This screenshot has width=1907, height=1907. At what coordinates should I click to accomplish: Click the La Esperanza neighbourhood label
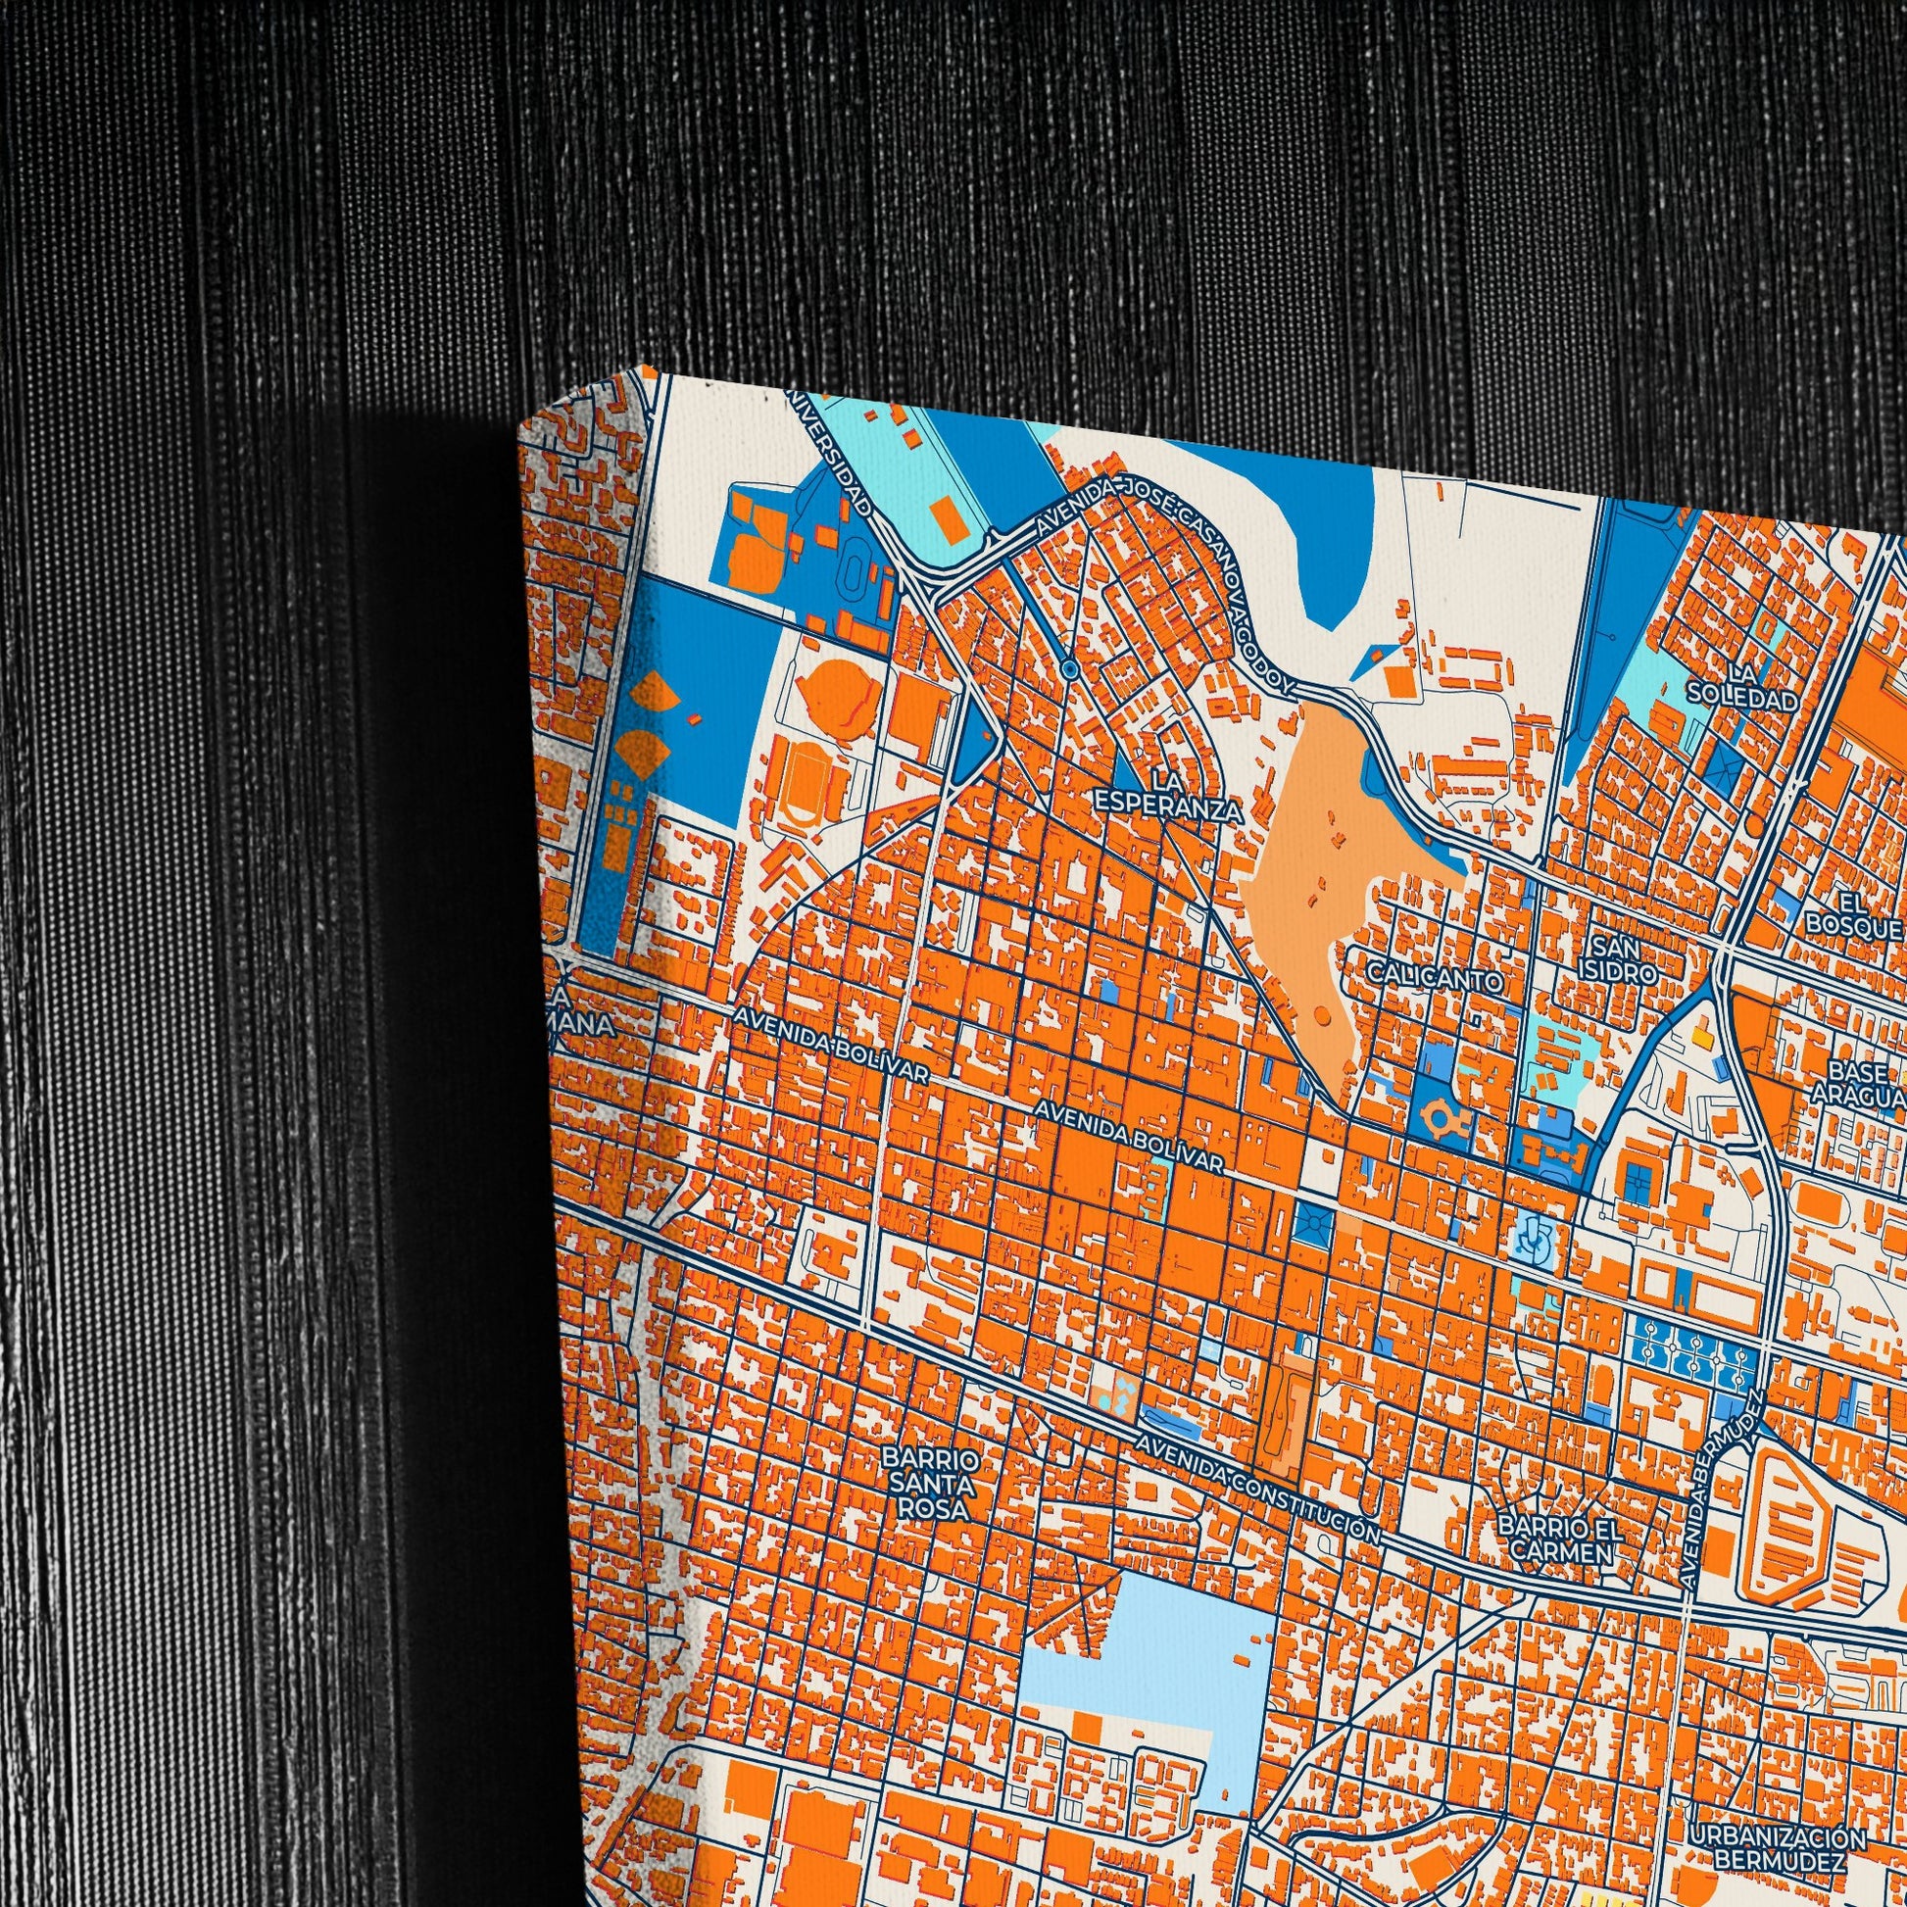pyautogui.click(x=1168, y=797)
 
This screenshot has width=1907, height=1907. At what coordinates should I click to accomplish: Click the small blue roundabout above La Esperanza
pyautogui.click(x=1069, y=670)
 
